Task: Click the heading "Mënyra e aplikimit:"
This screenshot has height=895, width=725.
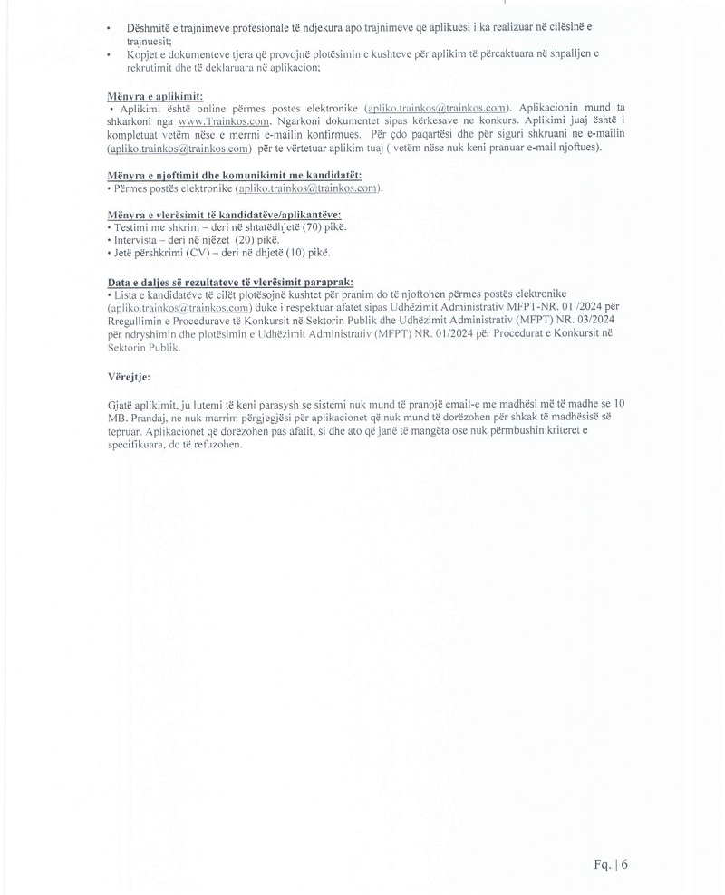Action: point(155,95)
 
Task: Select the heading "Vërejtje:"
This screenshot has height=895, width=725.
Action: point(129,375)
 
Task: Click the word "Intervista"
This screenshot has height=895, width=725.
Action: point(137,240)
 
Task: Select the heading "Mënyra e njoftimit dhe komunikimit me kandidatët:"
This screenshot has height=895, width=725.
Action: point(234,174)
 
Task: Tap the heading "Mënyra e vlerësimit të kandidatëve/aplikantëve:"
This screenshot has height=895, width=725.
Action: point(224,214)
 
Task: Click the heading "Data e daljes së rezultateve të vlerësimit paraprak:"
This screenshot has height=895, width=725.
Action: point(230,282)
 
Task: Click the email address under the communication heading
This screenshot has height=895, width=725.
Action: point(306,188)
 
